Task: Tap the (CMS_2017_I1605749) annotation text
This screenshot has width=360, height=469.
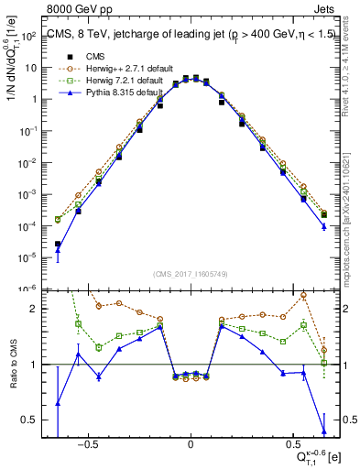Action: (191, 274)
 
